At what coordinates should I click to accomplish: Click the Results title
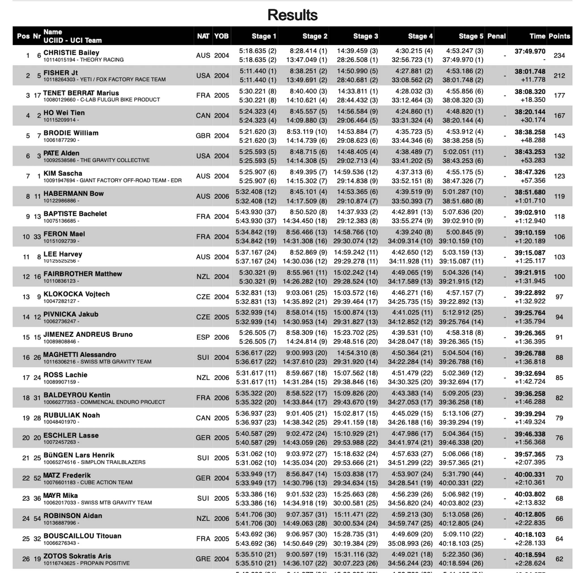pyautogui.click(x=292, y=15)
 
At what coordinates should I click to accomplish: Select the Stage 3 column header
pyautogui.click(x=365, y=36)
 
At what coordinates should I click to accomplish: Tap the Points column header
pyautogui.click(x=559, y=36)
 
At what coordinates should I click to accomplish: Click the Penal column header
pyautogui.click(x=496, y=36)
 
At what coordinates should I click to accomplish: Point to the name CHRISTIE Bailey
pyautogui.click(x=71, y=53)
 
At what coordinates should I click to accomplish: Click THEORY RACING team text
pyautogui.click(x=102, y=60)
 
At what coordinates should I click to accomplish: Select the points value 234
pyautogui.click(x=559, y=55)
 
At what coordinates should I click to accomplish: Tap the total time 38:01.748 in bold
pyautogui.click(x=530, y=71)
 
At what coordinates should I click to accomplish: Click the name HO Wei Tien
pyautogui.click(x=64, y=113)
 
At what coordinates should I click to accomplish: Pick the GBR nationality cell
pyautogui.click(x=203, y=136)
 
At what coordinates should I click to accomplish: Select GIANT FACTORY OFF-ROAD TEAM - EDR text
pyautogui.click(x=131, y=181)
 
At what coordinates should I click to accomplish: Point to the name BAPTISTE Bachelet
pyautogui.click(x=75, y=214)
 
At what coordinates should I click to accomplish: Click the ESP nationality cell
pyautogui.click(x=203, y=337)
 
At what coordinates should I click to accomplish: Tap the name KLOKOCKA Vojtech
pyautogui.click(x=76, y=294)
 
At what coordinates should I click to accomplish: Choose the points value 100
pyautogui.click(x=559, y=277)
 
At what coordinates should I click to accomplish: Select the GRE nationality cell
pyautogui.click(x=203, y=559)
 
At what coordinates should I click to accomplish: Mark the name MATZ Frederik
pyautogui.click(x=67, y=475)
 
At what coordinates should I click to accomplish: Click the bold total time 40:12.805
pyautogui.click(x=530, y=514)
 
